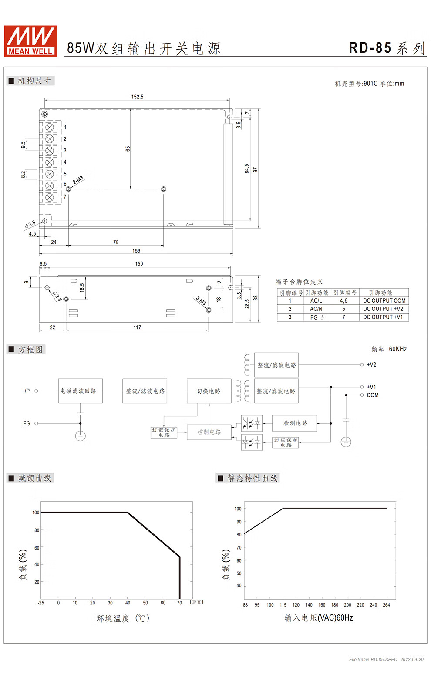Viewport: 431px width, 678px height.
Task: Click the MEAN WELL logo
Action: coord(30,41)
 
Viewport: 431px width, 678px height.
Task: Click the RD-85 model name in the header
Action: coord(370,48)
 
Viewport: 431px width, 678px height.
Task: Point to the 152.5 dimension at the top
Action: coord(137,97)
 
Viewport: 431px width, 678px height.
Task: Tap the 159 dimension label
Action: coord(136,250)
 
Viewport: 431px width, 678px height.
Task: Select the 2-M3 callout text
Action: coord(78,180)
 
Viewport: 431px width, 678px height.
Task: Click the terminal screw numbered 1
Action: coord(50,128)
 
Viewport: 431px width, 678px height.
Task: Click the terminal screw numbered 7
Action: coord(50,197)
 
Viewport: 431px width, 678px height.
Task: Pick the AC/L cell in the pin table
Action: coord(316,300)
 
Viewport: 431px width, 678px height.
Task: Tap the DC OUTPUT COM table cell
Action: coord(384,300)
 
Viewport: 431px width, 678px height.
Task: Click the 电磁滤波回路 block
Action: coord(81,391)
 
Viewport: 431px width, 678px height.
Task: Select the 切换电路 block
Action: coord(209,391)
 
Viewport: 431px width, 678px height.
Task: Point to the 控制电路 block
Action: coord(209,432)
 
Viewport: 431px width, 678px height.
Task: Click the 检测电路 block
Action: coord(295,423)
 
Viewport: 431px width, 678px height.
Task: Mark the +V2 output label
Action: coord(371,364)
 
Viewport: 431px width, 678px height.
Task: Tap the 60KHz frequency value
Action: coord(397,349)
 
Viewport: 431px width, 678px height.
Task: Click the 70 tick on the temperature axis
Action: coord(179,603)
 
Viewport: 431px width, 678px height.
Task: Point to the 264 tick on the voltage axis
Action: coord(386,605)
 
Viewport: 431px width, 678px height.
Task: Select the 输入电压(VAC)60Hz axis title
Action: coord(319,618)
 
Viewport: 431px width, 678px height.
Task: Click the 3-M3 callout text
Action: coord(201,300)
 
